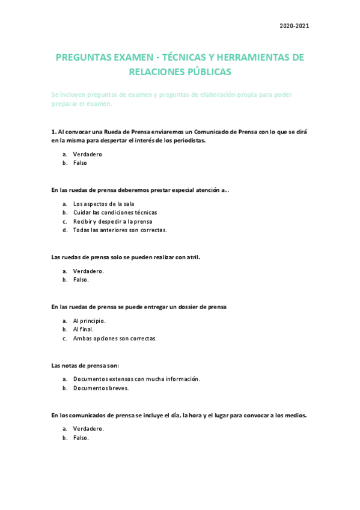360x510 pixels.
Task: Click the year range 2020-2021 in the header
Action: pos(294,26)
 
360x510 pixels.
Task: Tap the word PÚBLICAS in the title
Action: pos(205,72)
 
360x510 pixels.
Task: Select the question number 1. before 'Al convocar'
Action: pos(53,131)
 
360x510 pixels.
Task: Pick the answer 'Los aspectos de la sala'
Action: pos(103,204)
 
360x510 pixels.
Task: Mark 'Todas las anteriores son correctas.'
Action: pos(120,230)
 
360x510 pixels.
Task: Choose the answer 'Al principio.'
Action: pos(89,321)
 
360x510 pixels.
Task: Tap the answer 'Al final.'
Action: pos(84,330)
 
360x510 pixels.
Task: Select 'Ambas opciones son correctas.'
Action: pos(114,338)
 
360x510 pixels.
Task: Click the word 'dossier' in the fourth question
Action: pos(192,307)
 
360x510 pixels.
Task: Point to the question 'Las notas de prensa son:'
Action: pos(85,366)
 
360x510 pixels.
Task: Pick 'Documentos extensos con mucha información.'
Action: pos(136,379)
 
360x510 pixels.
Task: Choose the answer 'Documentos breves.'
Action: pos(100,388)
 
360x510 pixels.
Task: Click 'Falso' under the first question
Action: pos(80,163)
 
